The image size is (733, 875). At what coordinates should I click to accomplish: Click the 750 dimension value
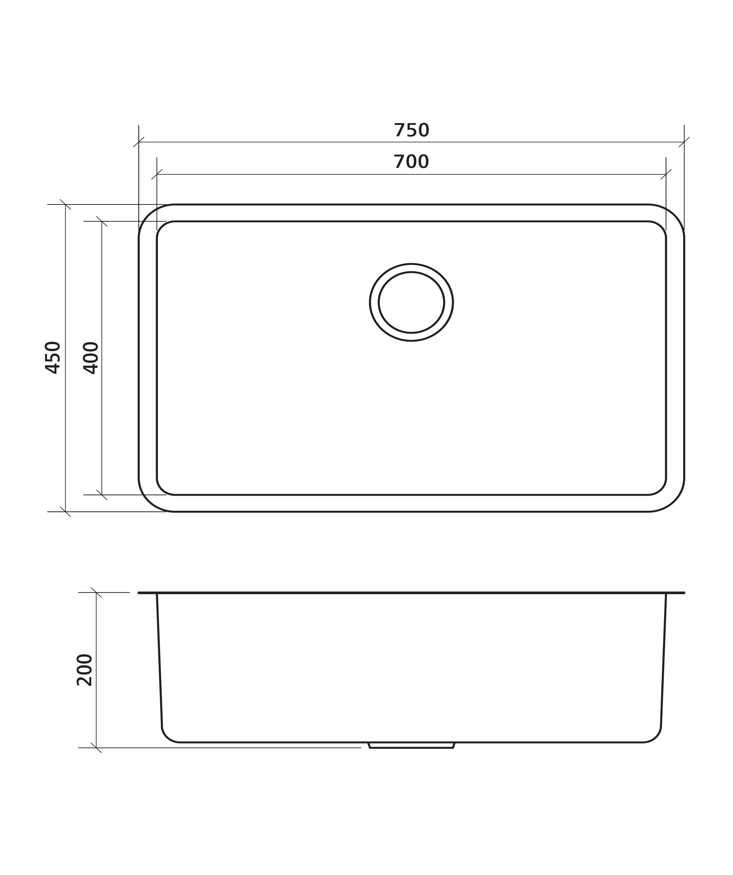point(411,130)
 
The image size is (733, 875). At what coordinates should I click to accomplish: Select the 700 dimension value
point(411,162)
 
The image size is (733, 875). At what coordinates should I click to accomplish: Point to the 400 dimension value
point(91,358)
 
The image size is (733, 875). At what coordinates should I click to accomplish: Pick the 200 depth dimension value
point(84,670)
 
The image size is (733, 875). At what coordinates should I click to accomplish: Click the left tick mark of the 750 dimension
point(139,142)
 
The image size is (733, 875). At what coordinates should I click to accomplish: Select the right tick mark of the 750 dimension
point(684,142)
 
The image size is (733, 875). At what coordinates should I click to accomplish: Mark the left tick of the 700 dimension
point(157,174)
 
